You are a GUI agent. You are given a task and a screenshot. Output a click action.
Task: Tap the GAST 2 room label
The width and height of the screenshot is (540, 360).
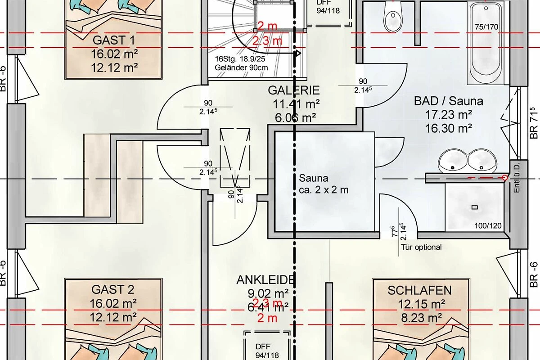pos(113,288)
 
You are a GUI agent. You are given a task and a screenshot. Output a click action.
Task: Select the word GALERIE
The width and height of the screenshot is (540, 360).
pos(294,90)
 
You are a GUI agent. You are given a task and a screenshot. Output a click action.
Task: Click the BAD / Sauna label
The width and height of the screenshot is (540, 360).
pos(448,101)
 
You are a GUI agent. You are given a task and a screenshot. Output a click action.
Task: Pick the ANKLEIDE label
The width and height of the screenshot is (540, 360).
pos(265,279)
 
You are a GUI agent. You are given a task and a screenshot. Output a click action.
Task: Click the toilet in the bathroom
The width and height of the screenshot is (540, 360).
pos(392,18)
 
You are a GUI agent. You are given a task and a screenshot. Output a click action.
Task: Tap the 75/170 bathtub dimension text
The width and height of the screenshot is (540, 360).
pos(486,27)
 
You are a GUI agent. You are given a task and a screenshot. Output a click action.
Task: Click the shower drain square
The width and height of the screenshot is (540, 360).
pos(474,207)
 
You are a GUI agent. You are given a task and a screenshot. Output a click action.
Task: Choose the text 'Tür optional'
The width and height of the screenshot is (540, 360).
pos(421,247)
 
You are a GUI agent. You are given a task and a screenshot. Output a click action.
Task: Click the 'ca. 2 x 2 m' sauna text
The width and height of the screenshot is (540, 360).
pos(324,190)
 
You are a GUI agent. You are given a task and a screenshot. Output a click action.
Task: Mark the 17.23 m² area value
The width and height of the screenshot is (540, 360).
pos(448,115)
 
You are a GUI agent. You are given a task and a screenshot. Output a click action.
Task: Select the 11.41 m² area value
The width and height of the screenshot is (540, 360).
pos(296,104)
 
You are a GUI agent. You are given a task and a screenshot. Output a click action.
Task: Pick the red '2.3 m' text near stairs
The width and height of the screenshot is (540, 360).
pos(267,41)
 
